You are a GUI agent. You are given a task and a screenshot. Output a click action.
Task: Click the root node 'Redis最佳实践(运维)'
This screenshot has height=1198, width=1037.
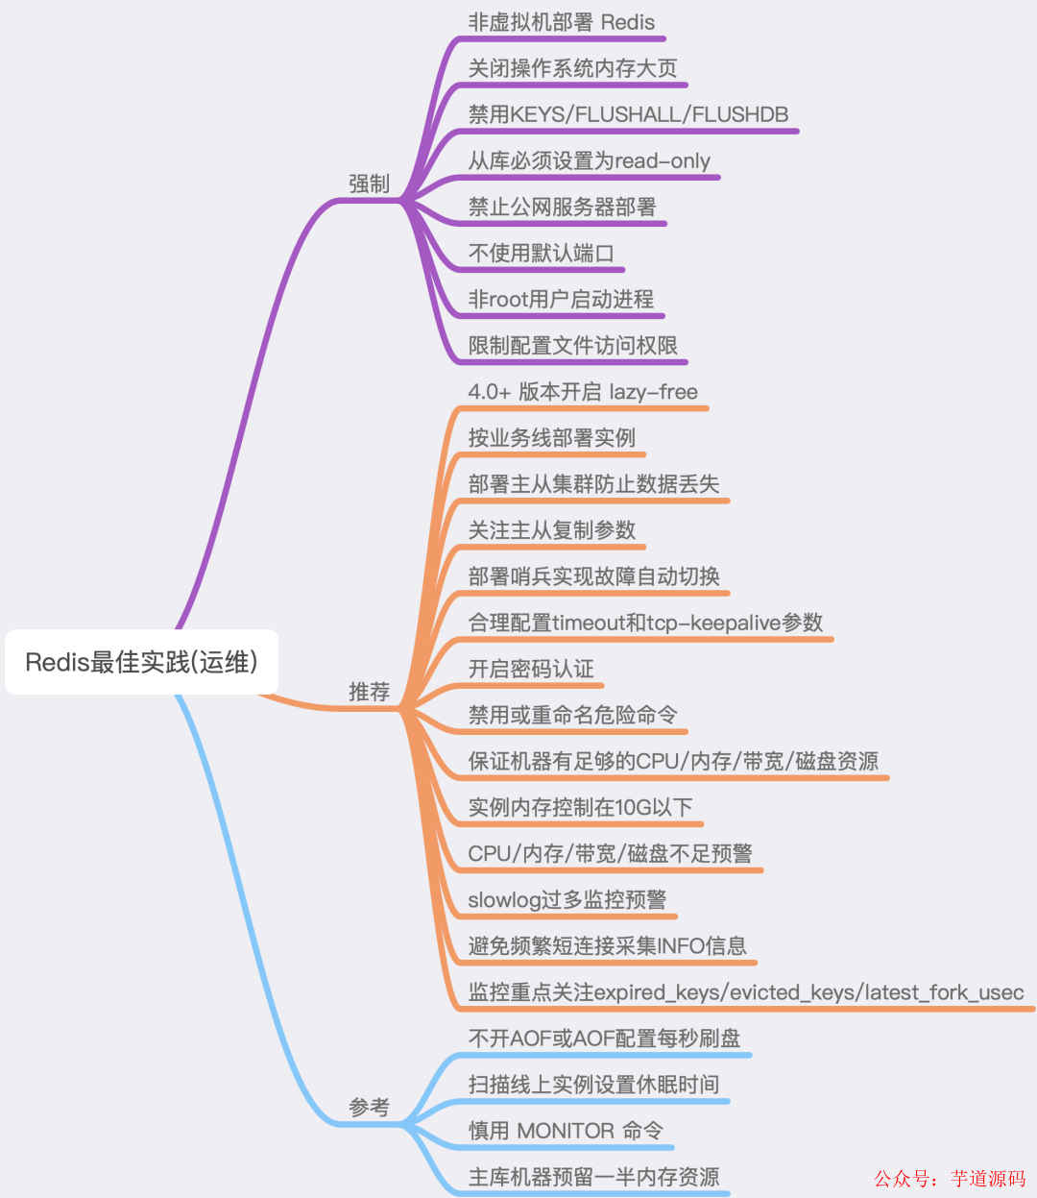(141, 662)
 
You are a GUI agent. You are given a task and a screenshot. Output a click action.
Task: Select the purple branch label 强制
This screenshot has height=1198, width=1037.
(369, 183)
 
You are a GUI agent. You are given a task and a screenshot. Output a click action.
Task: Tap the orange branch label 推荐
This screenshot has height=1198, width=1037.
(369, 692)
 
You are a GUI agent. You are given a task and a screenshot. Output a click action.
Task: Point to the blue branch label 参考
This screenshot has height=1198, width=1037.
(369, 1108)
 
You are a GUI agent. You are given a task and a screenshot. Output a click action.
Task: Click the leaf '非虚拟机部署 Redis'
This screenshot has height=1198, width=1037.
(561, 22)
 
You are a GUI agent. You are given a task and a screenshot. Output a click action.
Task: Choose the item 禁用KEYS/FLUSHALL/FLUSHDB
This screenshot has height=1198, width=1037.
(628, 114)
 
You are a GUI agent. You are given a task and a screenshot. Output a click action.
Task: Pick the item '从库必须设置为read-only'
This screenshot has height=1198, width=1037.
(589, 160)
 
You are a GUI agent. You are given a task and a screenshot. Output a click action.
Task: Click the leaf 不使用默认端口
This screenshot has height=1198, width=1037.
(541, 253)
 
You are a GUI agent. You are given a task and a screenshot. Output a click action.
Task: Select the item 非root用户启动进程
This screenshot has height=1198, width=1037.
(561, 299)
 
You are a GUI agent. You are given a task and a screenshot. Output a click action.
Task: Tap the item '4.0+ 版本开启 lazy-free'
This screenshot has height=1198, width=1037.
(582, 392)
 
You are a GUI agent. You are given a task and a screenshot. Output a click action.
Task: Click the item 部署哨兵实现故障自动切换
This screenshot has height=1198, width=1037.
(593, 576)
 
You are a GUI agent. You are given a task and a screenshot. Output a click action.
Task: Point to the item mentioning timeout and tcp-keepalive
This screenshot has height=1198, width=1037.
(645, 623)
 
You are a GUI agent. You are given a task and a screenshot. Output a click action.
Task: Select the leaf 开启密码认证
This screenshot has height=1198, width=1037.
(531, 669)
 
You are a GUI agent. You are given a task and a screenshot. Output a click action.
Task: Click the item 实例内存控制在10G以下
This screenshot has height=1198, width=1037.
(580, 807)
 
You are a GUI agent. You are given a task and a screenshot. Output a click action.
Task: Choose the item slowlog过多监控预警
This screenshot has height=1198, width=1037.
(567, 899)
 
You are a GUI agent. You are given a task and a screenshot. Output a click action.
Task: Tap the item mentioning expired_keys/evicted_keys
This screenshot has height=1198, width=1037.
(745, 991)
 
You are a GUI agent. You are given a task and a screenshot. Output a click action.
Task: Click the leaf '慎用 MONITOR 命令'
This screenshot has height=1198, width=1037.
(566, 1131)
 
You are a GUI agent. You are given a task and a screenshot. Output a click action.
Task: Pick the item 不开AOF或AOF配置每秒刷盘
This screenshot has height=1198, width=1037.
(604, 1039)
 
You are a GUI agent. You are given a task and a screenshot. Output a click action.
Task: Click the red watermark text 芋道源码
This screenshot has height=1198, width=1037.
(988, 1178)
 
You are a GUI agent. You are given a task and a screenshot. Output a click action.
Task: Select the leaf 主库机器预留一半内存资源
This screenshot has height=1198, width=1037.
(593, 1177)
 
